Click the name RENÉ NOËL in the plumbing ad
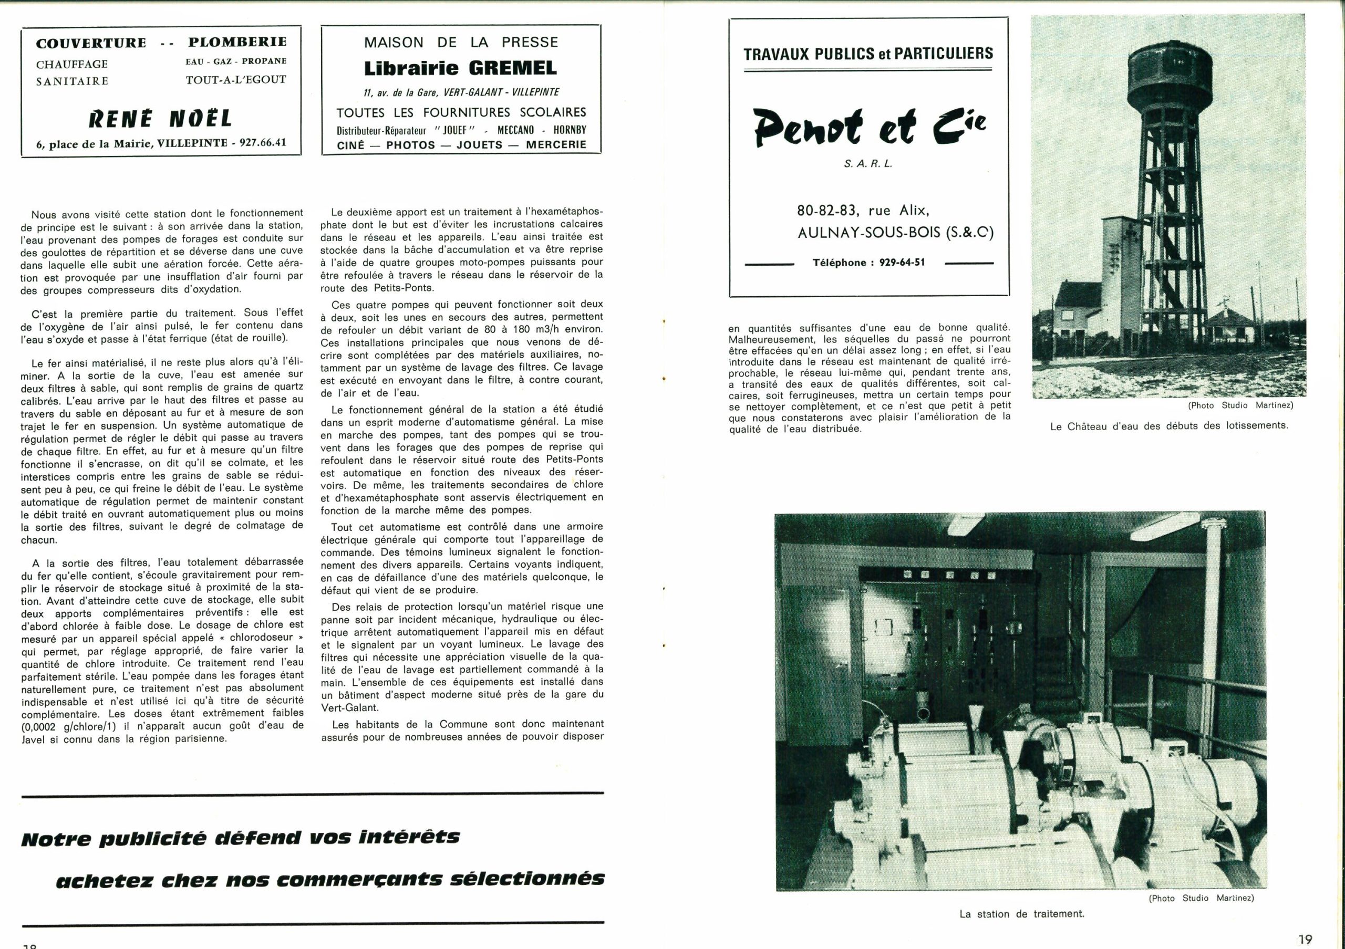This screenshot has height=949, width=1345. click(160, 119)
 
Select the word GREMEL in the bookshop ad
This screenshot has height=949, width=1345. click(508, 68)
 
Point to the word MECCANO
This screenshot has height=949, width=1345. click(515, 130)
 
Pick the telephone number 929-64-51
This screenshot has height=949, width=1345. click(902, 262)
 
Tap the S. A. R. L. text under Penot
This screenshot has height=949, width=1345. click(868, 164)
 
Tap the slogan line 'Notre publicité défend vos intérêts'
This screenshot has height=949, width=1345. click(240, 838)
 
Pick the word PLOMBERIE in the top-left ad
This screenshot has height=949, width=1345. click(237, 42)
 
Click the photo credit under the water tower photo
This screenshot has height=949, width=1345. click(1240, 405)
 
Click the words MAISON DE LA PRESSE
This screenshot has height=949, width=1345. click(461, 42)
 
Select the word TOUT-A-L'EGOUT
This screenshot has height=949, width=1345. click(236, 80)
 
